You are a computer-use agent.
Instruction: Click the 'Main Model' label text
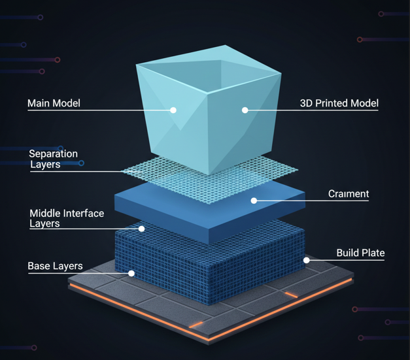pos(54,103)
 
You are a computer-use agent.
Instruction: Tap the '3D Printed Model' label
pos(339,103)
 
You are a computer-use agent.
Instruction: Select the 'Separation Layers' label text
pos(54,159)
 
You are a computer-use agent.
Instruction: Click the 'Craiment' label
pos(349,194)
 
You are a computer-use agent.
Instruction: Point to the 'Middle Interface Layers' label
pos(67,218)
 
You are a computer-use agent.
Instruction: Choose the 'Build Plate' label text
pos(360,253)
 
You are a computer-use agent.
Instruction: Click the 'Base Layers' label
pos(55,266)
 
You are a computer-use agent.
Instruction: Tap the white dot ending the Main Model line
pos(173,110)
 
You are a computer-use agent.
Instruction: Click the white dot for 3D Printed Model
pos(245,110)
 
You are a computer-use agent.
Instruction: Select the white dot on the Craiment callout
pos(254,201)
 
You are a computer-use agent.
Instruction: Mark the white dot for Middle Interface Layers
pos(141,229)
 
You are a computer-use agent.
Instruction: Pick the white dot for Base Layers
pos(131,274)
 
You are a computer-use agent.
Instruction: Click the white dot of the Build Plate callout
pos(307,260)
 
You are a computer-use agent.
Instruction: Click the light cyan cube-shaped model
pos(209,110)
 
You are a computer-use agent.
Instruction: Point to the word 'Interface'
pos(84,214)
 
